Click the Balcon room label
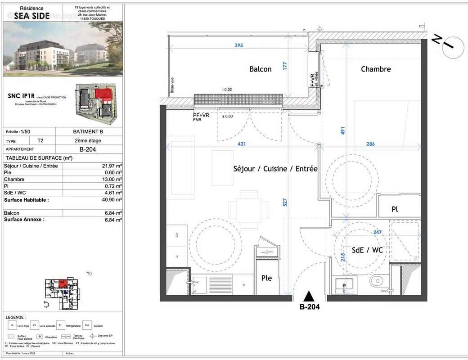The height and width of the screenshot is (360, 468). coord(261,69)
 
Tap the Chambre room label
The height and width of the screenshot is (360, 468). coord(376,69)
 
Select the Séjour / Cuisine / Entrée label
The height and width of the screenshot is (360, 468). coord(275,169)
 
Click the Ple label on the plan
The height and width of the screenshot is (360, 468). coord(266,278)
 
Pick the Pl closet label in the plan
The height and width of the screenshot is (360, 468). coord(394,209)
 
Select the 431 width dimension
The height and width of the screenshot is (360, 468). coord(242,144)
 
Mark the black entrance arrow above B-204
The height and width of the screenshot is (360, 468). coord(309,296)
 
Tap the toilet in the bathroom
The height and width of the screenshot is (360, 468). coord(376,281)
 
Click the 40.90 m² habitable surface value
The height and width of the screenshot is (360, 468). coord(112,200)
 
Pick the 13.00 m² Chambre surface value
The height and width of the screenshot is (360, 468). coord(112,179)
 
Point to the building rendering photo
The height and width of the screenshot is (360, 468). coord(62,49)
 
